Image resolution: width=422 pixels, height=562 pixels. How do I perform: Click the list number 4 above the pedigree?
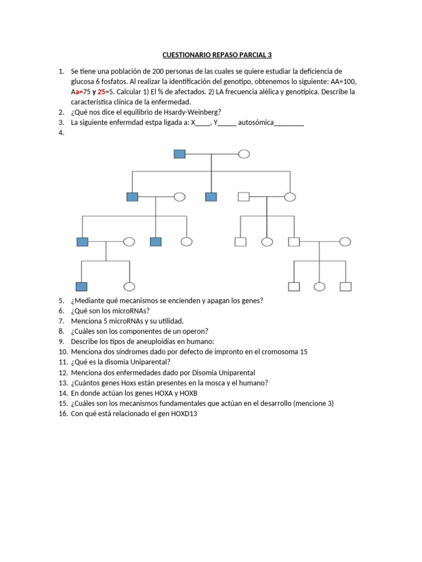pos(60,132)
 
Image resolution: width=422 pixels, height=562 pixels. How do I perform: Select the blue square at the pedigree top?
pos(180,154)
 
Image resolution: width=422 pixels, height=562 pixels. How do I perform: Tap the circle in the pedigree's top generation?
pos(244,154)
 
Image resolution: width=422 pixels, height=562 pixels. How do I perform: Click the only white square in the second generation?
pos(243,196)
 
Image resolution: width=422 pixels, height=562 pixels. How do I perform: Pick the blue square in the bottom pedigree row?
pos(82,286)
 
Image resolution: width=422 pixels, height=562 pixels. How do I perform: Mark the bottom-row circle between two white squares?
pos(320,286)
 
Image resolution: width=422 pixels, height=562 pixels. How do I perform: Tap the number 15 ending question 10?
pos(304,351)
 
